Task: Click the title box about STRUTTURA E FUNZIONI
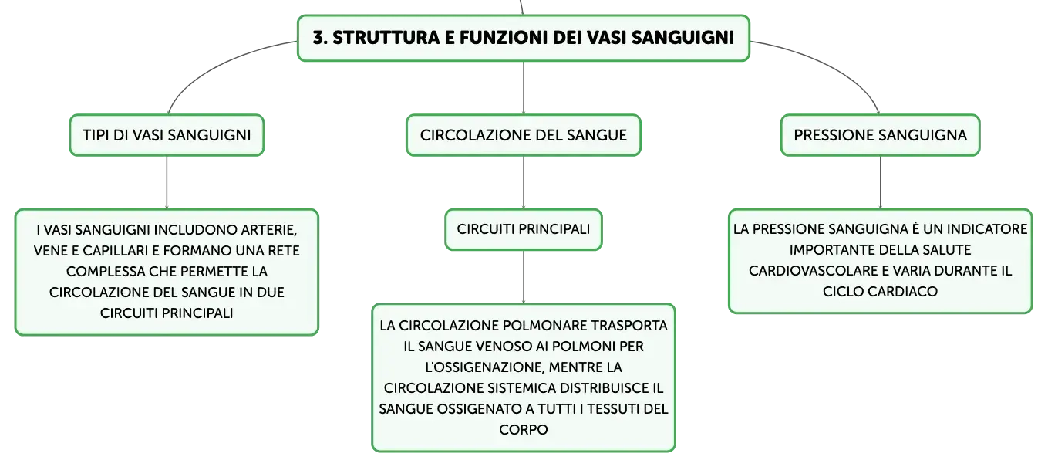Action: [524, 38]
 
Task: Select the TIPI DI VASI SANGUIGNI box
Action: [167, 135]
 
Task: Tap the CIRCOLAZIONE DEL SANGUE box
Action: [524, 135]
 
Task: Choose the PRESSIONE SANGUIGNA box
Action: [880, 135]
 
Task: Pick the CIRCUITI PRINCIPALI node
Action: [524, 229]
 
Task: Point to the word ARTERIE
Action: [269, 230]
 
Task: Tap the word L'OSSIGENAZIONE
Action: [484, 367]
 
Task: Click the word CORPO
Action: [524, 429]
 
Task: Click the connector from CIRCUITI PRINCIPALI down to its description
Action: [524, 277]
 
